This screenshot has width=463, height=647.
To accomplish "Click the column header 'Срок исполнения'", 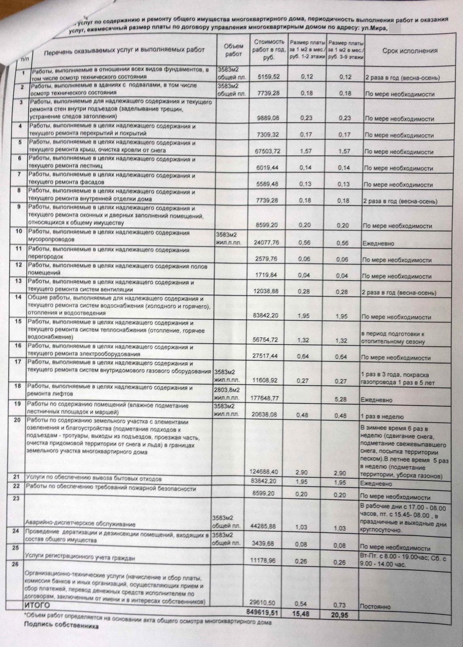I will pos(410,51).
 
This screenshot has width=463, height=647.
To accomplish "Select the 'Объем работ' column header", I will pos(233,50).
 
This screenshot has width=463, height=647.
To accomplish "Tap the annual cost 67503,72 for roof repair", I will pos(265,151).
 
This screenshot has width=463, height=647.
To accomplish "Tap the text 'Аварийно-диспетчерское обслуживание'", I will pos(80,524).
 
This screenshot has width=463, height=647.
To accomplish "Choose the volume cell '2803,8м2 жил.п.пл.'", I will pos(226,395).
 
